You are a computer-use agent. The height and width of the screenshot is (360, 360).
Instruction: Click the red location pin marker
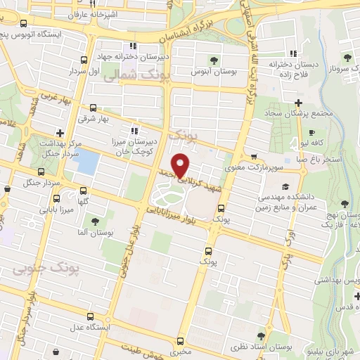coord(181,165)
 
